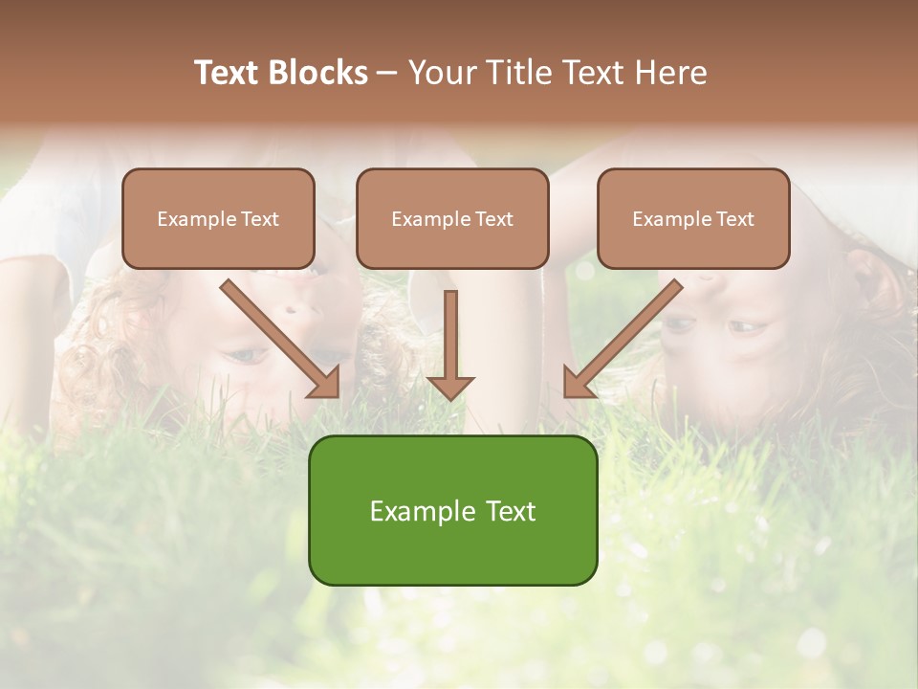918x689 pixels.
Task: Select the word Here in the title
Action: pos(669,73)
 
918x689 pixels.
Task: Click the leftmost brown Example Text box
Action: pos(218,218)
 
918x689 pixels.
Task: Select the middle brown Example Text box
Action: pos(452,218)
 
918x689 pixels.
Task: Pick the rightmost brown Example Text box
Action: pos(693,218)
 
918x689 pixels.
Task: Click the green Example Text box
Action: pos(452,510)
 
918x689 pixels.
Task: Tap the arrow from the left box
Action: pos(277,336)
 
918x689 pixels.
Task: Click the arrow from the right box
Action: pos(626,336)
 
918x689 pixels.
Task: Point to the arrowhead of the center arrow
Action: pos(450,387)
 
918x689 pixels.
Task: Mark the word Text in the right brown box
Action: pos(734,219)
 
